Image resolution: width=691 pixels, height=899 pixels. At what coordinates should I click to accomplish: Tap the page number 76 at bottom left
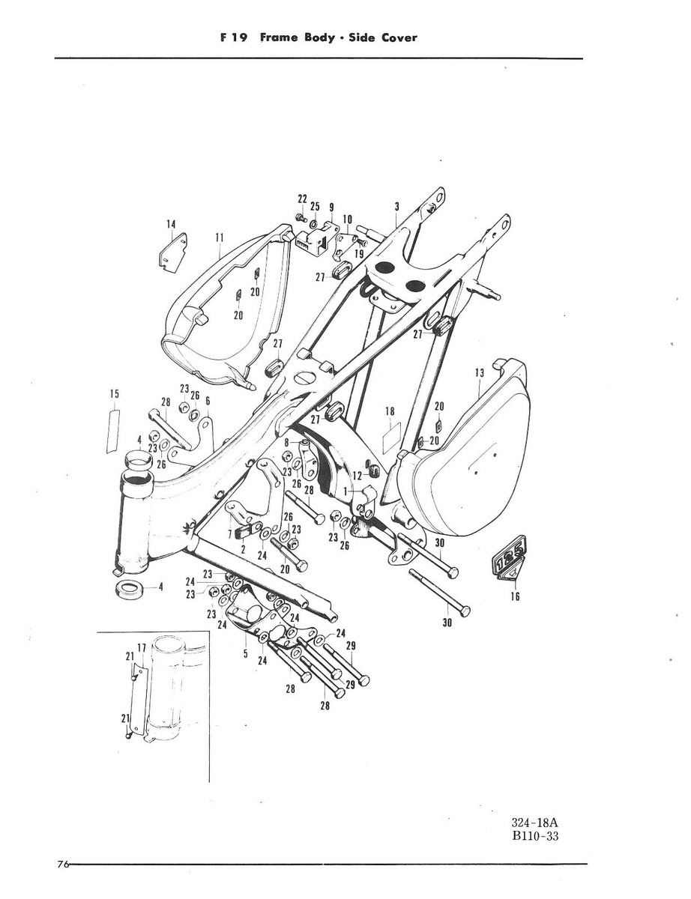tap(62, 865)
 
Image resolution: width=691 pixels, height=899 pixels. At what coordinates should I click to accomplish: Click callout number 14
tap(172, 223)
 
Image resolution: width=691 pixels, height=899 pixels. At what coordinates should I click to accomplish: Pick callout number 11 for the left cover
tap(220, 239)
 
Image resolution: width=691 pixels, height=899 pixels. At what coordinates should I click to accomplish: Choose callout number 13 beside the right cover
tap(479, 372)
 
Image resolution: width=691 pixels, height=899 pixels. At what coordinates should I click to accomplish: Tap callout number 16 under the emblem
tap(515, 597)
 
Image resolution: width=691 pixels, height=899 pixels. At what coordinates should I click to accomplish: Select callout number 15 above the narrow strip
tap(115, 393)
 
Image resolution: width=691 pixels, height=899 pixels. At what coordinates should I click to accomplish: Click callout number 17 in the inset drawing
tap(140, 647)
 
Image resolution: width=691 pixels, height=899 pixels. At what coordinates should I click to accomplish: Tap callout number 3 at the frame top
tap(396, 206)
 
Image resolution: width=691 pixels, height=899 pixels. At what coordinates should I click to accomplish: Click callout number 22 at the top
tap(303, 199)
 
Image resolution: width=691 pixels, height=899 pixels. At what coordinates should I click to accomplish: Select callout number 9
tap(331, 206)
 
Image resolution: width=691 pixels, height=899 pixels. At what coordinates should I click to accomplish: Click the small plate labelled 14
tap(173, 249)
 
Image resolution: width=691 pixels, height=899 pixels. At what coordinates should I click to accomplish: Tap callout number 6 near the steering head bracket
tap(208, 401)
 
